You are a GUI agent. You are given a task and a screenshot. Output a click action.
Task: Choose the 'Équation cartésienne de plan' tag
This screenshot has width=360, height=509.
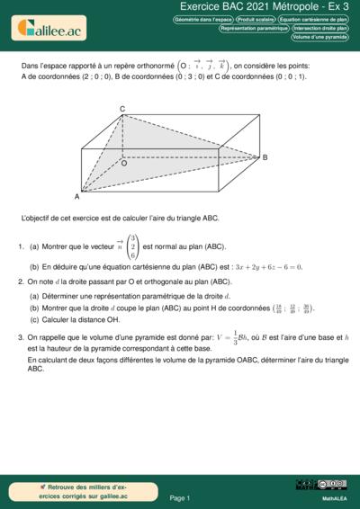(x=313, y=18)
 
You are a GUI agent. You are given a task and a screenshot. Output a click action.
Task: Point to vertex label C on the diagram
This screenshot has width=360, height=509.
(x=122, y=109)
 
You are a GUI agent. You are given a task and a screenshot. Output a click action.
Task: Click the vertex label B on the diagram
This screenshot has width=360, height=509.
(x=265, y=157)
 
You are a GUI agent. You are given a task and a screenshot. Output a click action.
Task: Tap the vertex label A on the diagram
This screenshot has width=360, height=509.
(x=76, y=195)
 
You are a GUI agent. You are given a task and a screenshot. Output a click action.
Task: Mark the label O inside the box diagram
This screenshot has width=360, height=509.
(x=123, y=164)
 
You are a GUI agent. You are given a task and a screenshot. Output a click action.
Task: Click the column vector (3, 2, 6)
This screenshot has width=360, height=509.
(x=132, y=246)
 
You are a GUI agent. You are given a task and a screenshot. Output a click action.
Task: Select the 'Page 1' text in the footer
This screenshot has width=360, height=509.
(x=179, y=497)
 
